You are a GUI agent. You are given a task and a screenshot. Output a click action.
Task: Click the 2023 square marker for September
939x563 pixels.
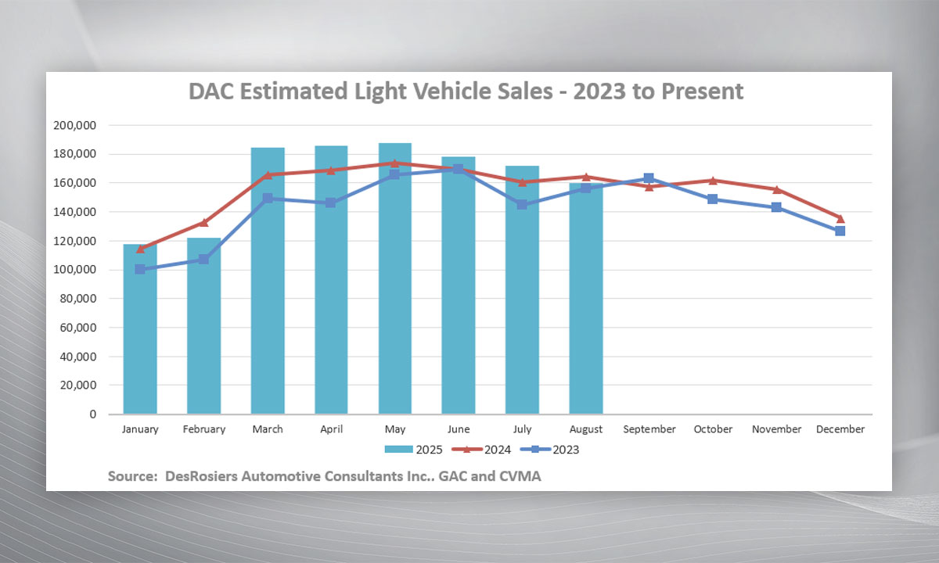pyautogui.click(x=649, y=179)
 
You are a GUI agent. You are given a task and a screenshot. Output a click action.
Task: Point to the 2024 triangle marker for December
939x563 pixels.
pyautogui.click(x=840, y=218)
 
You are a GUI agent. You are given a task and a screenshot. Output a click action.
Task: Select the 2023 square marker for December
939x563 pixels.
pyautogui.click(x=840, y=231)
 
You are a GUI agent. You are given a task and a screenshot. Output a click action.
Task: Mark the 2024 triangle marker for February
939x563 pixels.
pyautogui.click(x=203, y=223)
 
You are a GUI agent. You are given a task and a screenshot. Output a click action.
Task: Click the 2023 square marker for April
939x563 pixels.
pyautogui.click(x=331, y=203)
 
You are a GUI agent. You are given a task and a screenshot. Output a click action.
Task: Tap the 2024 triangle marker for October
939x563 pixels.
pyautogui.click(x=713, y=181)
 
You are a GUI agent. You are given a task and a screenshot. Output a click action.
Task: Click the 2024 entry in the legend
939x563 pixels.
pyautogui.click(x=483, y=450)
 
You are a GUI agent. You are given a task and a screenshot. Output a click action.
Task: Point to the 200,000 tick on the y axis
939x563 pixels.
pyautogui.click(x=74, y=125)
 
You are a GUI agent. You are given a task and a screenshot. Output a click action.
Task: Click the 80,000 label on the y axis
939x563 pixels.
pyautogui.click(x=77, y=299)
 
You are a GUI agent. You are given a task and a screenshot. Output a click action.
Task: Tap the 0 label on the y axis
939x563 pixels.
pyautogui.click(x=92, y=414)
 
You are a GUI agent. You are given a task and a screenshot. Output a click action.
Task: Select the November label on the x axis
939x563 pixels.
pyautogui.click(x=776, y=429)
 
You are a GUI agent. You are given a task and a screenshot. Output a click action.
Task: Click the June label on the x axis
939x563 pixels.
pyautogui.click(x=459, y=429)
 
